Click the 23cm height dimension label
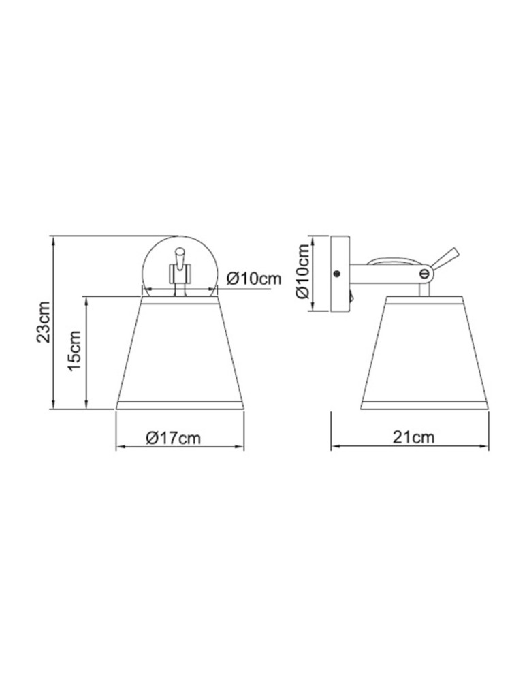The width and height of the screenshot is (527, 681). pyautogui.click(x=43, y=321)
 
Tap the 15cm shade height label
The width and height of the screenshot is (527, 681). pyautogui.click(x=75, y=351)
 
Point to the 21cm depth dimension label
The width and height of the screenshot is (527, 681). pyautogui.click(x=413, y=437)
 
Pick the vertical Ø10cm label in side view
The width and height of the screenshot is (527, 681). pyautogui.click(x=304, y=274)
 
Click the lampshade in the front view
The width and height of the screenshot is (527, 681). pyautogui.click(x=180, y=354)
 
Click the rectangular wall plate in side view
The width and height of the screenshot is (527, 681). pyautogui.click(x=339, y=274)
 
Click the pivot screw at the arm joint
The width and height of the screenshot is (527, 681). pyautogui.click(x=425, y=273)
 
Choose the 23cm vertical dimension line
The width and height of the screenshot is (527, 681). pyautogui.click(x=53, y=321)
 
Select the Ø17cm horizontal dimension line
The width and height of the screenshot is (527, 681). pyautogui.click(x=180, y=447)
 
